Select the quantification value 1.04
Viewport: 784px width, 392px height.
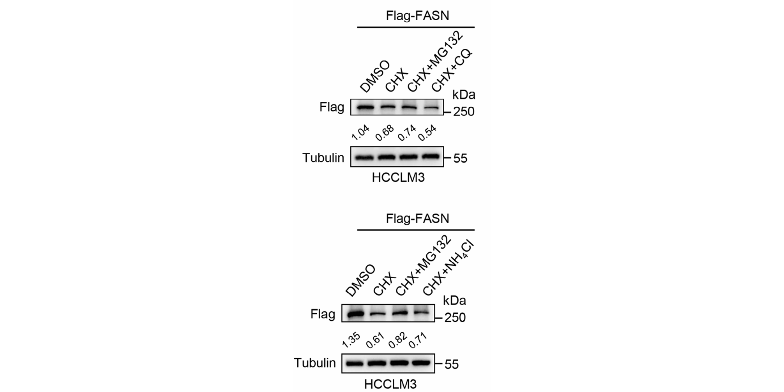coord(360,132)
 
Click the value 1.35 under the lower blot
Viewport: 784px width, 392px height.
coord(351,340)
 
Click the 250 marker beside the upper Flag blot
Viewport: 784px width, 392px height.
coord(464,112)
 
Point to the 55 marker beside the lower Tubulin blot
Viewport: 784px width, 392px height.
coord(452,364)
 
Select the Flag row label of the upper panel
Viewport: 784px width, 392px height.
coord(332,107)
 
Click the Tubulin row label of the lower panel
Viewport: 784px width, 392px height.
coord(314,363)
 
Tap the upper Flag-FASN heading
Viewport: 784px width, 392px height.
coord(417,16)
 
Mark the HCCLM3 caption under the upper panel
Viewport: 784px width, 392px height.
coord(398,178)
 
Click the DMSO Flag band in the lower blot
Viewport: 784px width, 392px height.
coord(355,314)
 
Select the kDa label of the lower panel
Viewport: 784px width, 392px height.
coord(454,301)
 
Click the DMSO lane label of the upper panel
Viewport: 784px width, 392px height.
coord(375,76)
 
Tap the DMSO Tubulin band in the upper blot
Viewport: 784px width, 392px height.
coord(364,157)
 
